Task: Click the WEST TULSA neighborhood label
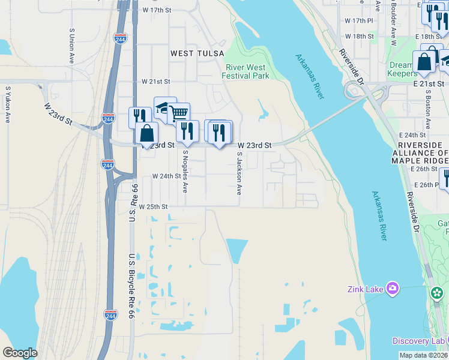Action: point(190,53)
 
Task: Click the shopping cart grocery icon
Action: point(179,113)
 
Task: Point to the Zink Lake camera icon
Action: point(393,289)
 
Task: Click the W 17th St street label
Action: point(157,11)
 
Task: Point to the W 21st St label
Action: point(156,81)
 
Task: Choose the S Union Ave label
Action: point(71,38)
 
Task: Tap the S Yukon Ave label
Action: point(8,105)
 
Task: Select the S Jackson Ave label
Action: point(239,173)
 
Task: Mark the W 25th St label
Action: point(152,206)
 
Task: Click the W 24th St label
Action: point(166,176)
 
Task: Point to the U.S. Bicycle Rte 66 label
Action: point(132,277)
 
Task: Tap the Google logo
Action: point(20,353)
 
